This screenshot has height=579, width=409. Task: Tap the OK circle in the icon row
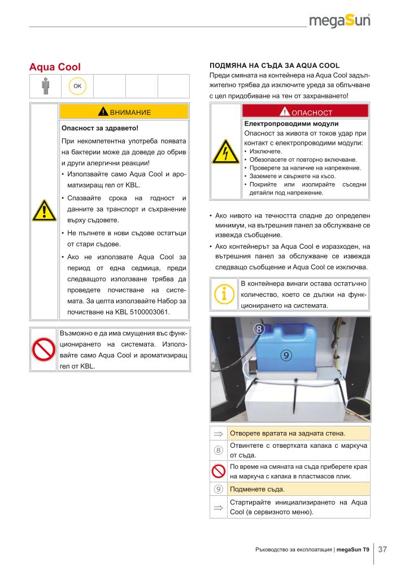click(77, 85)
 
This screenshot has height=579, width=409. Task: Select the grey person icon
click(46, 85)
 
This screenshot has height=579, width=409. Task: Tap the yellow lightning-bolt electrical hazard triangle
click(225, 152)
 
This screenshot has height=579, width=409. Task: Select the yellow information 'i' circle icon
click(224, 293)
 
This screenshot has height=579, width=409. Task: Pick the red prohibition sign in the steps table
click(218, 471)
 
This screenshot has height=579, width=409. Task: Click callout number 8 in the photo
click(259, 329)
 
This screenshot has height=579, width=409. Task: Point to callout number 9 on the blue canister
click(286, 355)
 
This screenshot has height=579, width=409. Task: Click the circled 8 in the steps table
click(218, 450)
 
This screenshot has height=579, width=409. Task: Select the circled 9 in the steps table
click(218, 489)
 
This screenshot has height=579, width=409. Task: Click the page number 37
click(382, 549)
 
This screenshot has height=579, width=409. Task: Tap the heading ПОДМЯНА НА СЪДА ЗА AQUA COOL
click(274, 66)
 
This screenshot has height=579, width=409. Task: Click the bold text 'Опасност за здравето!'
click(99, 128)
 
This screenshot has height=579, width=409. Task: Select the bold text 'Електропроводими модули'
click(291, 123)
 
